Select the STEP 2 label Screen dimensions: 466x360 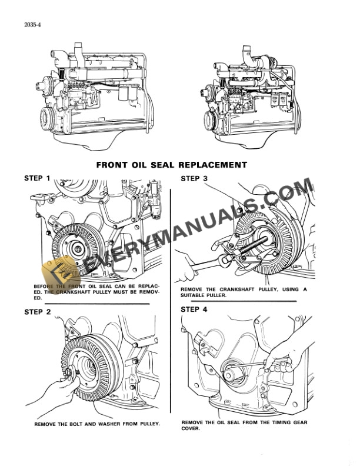click(37, 312)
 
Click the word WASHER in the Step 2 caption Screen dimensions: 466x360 click(100, 424)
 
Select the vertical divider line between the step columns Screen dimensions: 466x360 click(171, 294)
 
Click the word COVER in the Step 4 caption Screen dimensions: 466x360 click(191, 428)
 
